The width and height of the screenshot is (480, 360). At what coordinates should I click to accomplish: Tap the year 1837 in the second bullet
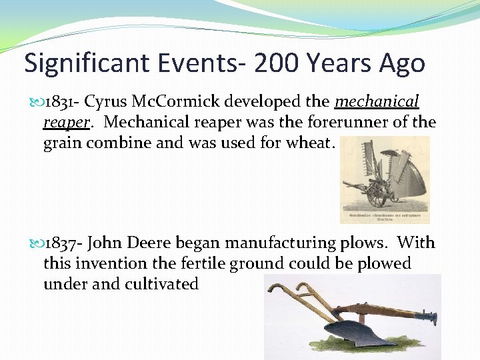coord(59,243)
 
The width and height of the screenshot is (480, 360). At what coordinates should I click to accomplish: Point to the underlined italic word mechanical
coord(377,102)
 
